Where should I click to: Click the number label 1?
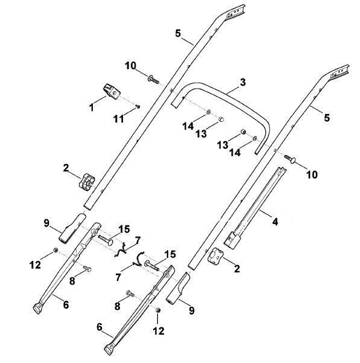[92, 107]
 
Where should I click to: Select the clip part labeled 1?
[112, 91]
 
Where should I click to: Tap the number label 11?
[119, 119]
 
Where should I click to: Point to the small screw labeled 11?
[137, 107]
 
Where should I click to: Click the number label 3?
[242, 82]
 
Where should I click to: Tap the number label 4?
[275, 222]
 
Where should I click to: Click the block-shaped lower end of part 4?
[232, 241]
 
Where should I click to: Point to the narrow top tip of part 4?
[283, 169]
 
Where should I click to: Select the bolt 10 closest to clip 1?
[153, 80]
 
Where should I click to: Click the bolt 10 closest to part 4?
[290, 159]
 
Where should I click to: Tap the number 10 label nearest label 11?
[130, 66]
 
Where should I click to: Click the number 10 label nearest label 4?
[312, 174]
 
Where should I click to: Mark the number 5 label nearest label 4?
[327, 118]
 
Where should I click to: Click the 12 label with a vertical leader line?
[159, 331]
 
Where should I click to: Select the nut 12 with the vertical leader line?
[158, 310]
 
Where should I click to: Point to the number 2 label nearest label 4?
[237, 269]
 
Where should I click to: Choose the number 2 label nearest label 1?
[66, 168]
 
